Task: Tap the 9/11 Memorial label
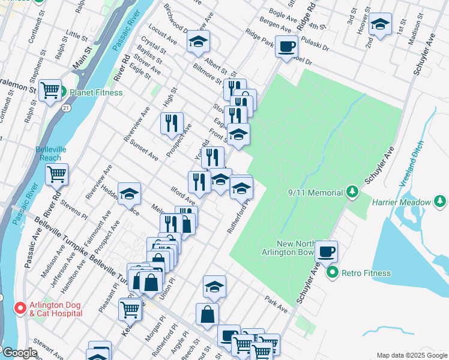point(314,193)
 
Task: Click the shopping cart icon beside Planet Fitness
point(50,90)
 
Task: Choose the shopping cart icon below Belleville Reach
point(56,174)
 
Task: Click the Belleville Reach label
point(48,153)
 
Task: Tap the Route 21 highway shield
point(64,107)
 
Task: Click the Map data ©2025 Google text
point(411,355)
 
